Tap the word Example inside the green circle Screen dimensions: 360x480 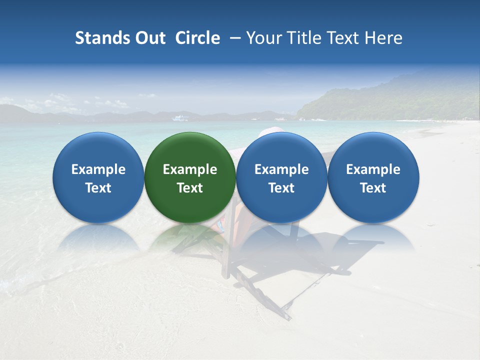pos(190,169)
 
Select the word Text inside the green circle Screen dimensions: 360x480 pos(190,188)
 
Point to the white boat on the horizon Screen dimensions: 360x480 pos(180,118)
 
